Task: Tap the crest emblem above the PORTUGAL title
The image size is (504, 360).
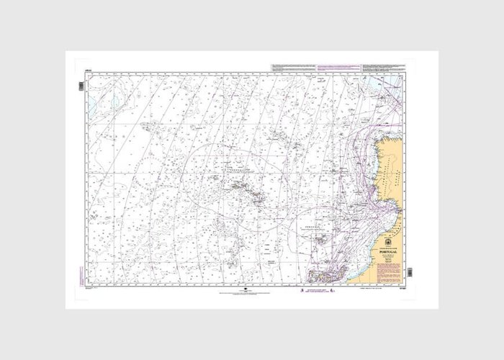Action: [390, 240]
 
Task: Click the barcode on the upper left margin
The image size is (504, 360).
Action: [81, 86]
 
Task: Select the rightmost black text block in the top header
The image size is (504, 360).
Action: [393, 68]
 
